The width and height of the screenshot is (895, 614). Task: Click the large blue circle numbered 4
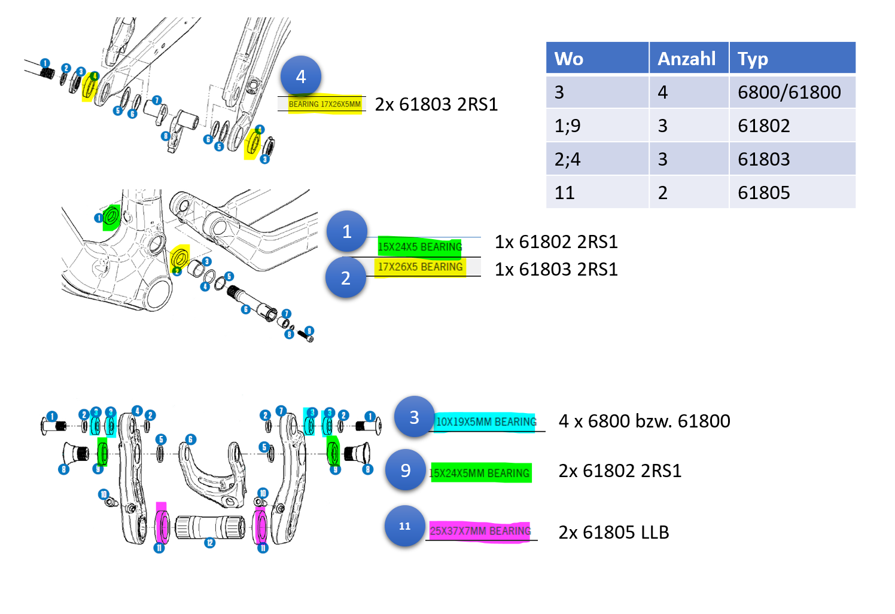(301, 77)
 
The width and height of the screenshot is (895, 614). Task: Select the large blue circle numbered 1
(347, 231)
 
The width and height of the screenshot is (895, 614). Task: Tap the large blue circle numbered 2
(346, 278)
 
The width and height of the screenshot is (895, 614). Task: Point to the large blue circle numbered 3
(414, 417)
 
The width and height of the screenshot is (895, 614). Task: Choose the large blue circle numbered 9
(406, 470)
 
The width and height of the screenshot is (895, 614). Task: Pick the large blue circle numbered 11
(405, 526)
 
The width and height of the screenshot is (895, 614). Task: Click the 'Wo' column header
(597, 58)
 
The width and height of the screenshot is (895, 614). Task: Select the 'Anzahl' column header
(688, 58)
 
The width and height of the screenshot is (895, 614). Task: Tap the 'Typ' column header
(792, 58)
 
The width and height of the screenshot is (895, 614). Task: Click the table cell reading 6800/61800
(789, 92)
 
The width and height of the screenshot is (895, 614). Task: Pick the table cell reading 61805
(764, 193)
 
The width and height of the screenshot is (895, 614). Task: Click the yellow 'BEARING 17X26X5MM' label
(325, 104)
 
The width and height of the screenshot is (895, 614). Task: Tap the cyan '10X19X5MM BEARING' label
(486, 422)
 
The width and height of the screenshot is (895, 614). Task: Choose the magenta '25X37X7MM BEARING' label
(480, 531)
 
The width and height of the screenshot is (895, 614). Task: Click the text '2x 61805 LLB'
(614, 532)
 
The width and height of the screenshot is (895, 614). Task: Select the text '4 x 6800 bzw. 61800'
(644, 421)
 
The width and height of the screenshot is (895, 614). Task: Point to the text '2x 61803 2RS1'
(436, 105)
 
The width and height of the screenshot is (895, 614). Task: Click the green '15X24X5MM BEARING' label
(480, 474)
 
